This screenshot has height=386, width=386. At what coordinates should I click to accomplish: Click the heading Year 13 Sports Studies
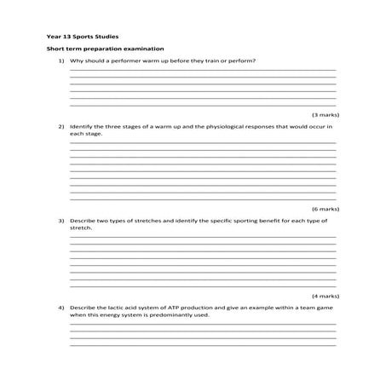pos(82,37)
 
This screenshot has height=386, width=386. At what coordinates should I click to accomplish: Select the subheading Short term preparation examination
pos(104,49)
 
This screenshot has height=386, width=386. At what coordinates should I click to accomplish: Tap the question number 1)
pos(61,61)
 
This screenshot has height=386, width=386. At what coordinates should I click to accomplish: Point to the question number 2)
pos(61,126)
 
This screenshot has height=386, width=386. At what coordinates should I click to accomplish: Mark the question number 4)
pos(61,305)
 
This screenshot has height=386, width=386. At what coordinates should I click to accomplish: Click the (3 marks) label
pos(325,113)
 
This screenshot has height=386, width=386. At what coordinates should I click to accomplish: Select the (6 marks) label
pos(325,208)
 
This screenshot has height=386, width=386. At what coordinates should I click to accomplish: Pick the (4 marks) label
pos(325,293)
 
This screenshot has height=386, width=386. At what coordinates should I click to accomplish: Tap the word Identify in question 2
pos(82,126)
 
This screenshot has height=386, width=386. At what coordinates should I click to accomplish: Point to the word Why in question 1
pos(76,61)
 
